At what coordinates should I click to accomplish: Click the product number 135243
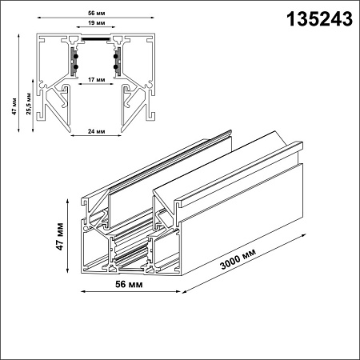(319, 19)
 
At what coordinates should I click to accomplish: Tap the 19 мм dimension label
(96, 23)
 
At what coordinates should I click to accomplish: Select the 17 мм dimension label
(96, 79)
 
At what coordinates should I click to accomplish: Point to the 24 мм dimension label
(96, 131)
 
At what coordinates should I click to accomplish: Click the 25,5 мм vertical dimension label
(29, 104)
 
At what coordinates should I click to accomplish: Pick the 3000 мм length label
(238, 258)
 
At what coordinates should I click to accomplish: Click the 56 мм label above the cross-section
(96, 13)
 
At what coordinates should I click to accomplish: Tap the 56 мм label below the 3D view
(129, 284)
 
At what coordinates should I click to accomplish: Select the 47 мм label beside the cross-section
(14, 106)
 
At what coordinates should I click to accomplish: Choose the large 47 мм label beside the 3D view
(59, 237)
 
